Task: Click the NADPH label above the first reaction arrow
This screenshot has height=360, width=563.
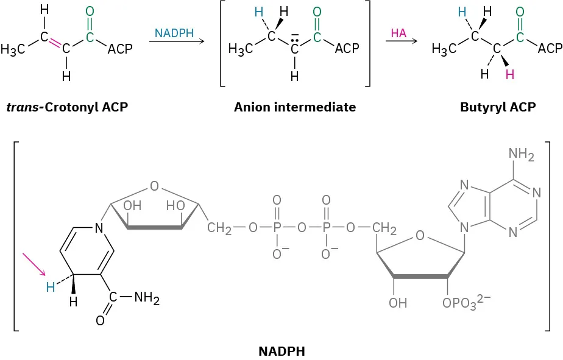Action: pyautogui.click(x=175, y=32)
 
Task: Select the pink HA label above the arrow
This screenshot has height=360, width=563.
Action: pyautogui.click(x=398, y=34)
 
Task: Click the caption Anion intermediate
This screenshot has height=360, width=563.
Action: pyautogui.click(x=294, y=108)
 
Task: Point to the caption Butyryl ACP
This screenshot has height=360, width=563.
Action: pyautogui.click(x=498, y=108)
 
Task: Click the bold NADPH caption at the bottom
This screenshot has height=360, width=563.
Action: pyautogui.click(x=281, y=351)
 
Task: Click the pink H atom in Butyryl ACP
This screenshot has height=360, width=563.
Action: pyautogui.click(x=509, y=74)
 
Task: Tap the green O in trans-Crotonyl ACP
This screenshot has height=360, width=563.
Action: pyautogui.click(x=90, y=12)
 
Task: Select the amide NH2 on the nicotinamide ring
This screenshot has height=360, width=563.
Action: pyautogui.click(x=145, y=299)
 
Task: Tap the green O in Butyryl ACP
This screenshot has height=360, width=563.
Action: pyautogui.click(x=519, y=12)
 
